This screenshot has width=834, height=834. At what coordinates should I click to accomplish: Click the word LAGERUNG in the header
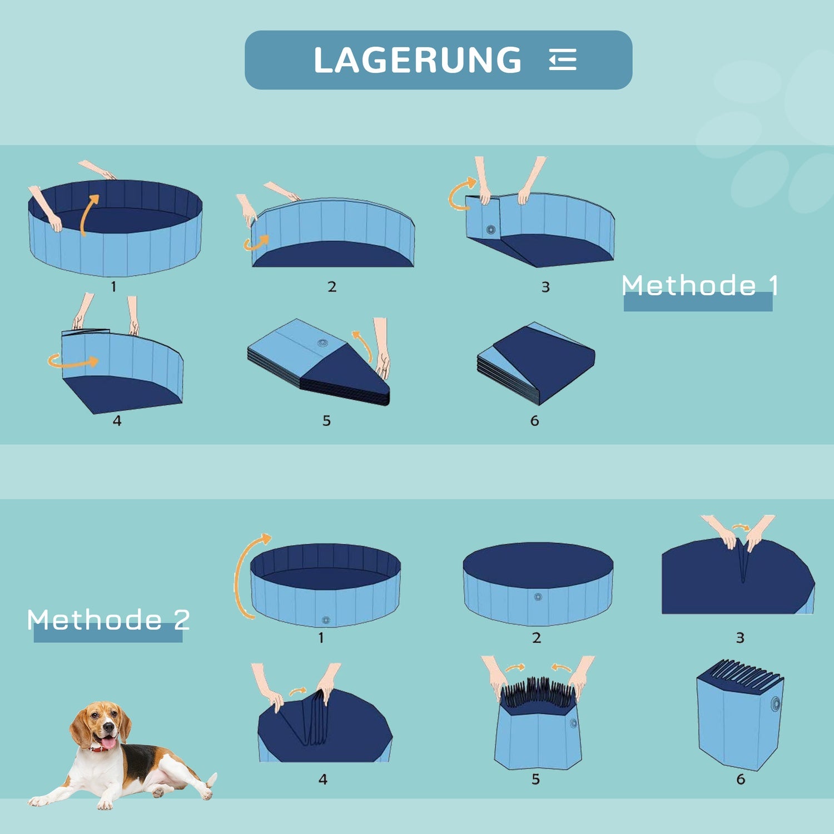(418, 60)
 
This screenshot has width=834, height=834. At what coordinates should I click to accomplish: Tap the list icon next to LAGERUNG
(563, 60)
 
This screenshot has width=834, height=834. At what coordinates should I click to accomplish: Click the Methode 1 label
(700, 285)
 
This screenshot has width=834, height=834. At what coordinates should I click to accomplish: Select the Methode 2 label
(108, 619)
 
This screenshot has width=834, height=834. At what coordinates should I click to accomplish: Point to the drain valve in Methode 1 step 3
(490, 229)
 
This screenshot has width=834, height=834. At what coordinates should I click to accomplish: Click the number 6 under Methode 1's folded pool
(534, 421)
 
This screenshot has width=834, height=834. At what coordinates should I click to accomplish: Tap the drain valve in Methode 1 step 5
(322, 342)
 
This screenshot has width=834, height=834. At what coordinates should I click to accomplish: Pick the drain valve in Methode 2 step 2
(538, 597)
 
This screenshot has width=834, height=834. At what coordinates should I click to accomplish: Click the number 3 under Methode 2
(740, 638)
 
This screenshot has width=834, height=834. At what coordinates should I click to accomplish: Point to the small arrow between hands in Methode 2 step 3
(741, 527)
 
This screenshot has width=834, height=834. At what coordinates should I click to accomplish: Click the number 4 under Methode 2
(323, 780)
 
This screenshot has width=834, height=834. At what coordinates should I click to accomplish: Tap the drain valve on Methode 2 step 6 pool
(775, 704)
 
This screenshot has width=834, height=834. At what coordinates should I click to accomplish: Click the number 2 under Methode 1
(332, 287)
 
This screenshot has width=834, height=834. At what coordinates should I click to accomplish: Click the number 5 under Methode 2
(535, 780)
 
